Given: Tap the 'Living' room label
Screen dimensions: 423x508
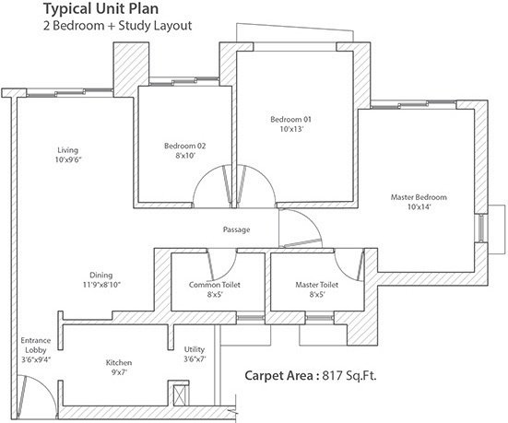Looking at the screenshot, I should click(x=67, y=149).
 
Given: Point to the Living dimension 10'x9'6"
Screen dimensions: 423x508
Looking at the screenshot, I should click(x=67, y=159).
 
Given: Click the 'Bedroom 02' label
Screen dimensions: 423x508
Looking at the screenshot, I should click(x=184, y=147).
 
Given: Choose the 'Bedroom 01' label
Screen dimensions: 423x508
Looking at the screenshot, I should click(x=291, y=120).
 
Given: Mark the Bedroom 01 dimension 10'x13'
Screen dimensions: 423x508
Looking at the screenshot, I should click(x=291, y=130).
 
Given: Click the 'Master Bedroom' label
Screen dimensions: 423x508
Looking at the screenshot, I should click(x=419, y=197).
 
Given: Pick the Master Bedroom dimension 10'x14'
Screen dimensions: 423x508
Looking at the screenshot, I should click(x=419, y=207).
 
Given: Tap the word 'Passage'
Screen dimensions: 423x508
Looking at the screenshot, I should click(x=236, y=229).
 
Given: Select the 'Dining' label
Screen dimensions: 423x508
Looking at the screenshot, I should click(x=101, y=275).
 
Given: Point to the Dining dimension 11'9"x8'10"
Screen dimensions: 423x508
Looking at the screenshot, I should click(x=101, y=285).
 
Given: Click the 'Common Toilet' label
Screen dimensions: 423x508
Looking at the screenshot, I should click(x=215, y=285).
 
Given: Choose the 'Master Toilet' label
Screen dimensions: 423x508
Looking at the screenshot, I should click(x=316, y=285).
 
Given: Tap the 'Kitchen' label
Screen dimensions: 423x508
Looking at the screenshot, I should click(x=121, y=363).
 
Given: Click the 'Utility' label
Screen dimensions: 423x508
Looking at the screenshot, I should click(x=194, y=349).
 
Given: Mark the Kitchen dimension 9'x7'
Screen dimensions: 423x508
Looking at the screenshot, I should click(x=121, y=373).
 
